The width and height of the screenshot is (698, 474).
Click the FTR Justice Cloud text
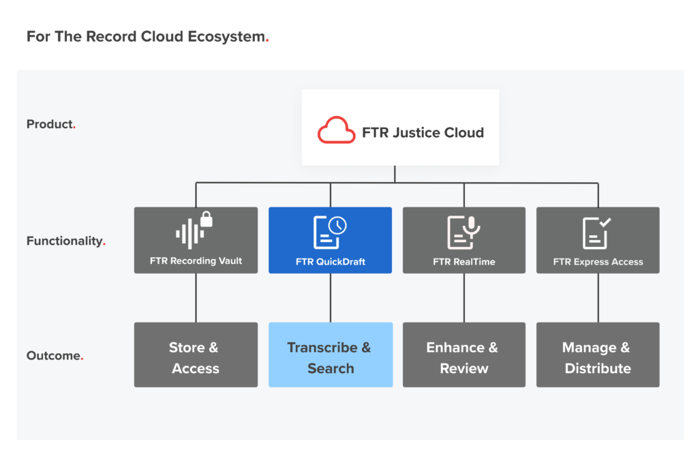423,132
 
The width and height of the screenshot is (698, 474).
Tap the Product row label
50,124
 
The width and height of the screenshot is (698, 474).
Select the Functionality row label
65,241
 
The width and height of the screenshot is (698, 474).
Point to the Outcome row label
54,355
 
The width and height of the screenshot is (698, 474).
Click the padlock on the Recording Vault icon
207,220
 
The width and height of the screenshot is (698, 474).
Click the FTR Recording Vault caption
196,261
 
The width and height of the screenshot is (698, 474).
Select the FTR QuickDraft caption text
330,261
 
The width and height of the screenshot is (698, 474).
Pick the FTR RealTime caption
464,261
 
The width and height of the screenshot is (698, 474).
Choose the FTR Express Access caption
598,261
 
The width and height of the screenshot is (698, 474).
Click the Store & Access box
196,355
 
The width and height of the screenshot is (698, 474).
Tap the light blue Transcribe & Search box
330,355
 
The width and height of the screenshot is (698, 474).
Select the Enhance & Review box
464,355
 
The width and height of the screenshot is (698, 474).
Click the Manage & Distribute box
598,355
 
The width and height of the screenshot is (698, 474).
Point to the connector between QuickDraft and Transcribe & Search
331,297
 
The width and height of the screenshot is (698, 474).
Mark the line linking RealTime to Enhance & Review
464,297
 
